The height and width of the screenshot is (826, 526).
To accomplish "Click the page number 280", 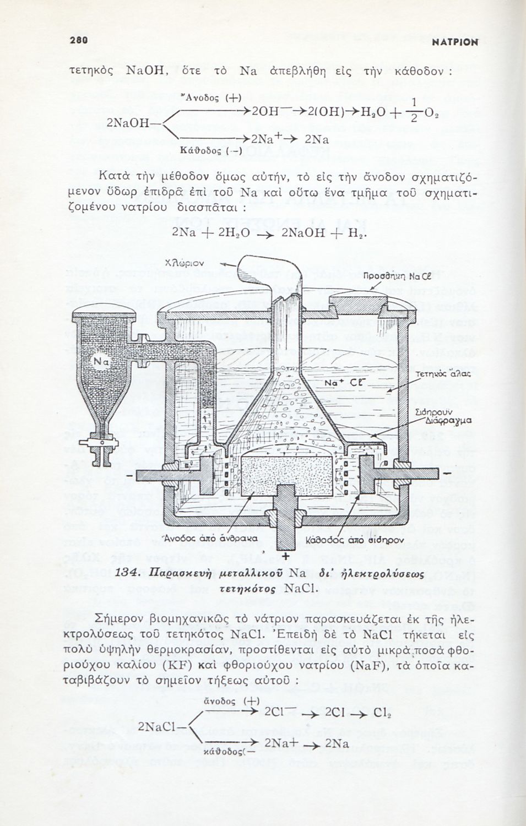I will click(79, 40).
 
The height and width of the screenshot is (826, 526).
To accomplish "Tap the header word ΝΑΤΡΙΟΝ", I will click(454, 42).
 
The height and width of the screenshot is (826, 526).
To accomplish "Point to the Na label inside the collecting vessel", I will click(101, 361).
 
